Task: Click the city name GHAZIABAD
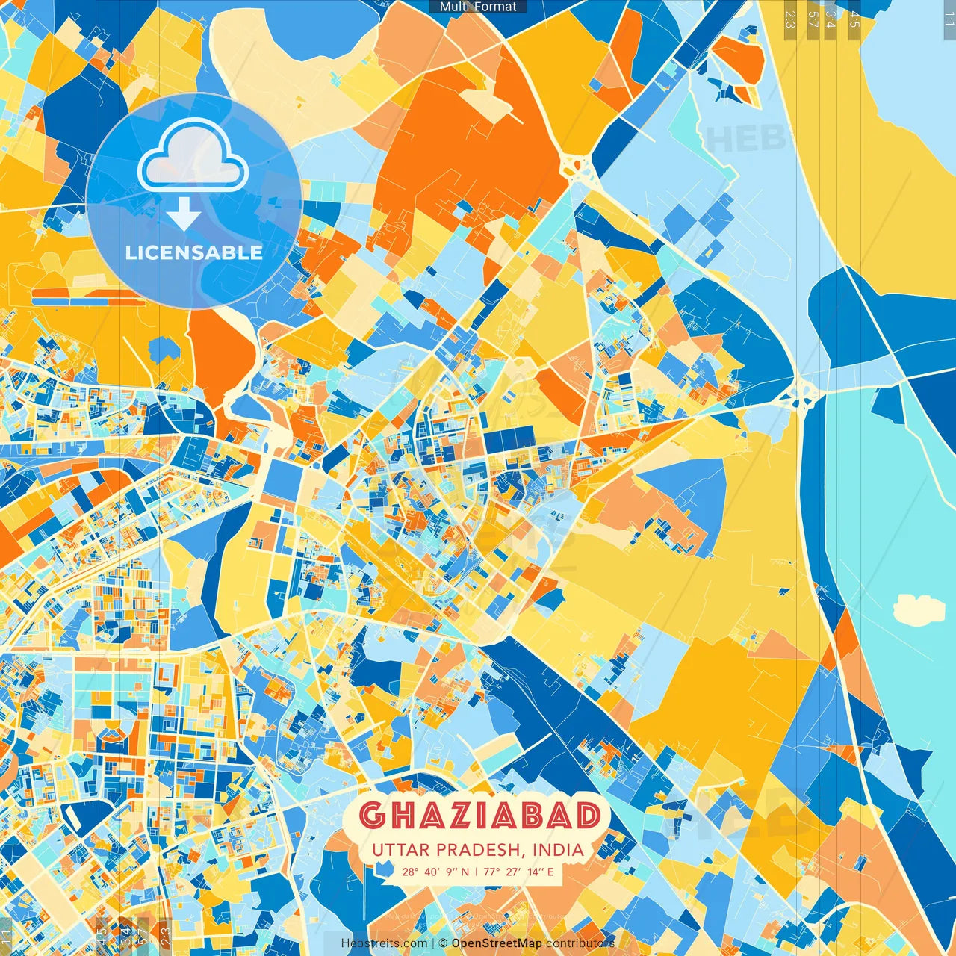tap(479, 816)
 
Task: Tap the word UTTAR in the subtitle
tap(401, 850)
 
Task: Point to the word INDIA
tap(559, 850)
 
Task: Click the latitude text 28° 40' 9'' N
tap(435, 872)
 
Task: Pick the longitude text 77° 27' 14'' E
tap(518, 872)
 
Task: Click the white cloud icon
tap(193, 157)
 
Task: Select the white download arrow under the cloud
tap(184, 214)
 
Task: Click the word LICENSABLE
tap(193, 252)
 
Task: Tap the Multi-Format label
tap(478, 7)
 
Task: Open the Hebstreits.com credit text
tap(384, 943)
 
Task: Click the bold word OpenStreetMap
tap(496, 943)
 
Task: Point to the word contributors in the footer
tap(580, 943)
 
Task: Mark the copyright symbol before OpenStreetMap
tap(442, 943)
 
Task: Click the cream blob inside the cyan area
tap(919, 609)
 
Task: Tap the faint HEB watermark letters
tap(747, 139)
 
